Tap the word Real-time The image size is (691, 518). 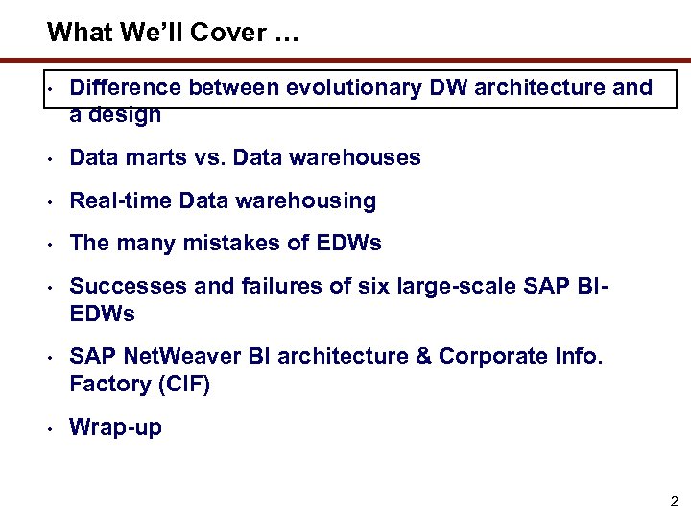121,200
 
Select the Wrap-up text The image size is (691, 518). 116,428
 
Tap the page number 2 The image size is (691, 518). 673,501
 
